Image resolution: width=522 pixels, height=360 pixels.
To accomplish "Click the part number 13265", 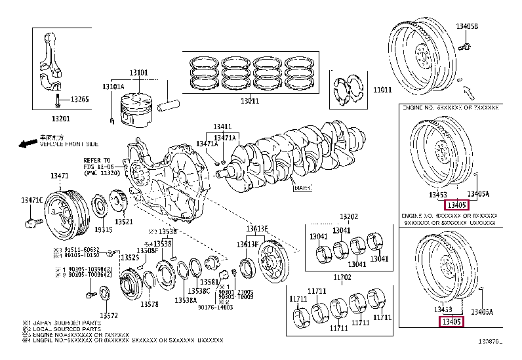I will pyautogui.click(x=79, y=99).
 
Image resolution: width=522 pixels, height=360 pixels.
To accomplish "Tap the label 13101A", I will pyautogui.click(x=113, y=87).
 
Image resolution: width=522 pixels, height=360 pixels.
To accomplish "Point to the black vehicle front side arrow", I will pyautogui.click(x=28, y=143).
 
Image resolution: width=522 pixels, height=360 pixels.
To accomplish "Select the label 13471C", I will pyautogui.click(x=31, y=199).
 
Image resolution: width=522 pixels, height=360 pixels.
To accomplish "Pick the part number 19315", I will pyautogui.click(x=104, y=230).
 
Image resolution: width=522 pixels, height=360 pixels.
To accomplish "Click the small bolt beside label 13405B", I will pyautogui.click(x=464, y=47).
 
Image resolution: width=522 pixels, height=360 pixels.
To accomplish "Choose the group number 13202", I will pyautogui.click(x=349, y=216).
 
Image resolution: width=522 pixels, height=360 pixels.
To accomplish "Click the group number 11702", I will pyautogui.click(x=342, y=277).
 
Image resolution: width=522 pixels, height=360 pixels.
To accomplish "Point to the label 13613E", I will pyautogui.click(x=256, y=228).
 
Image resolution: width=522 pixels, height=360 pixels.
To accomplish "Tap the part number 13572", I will pyautogui.click(x=108, y=315).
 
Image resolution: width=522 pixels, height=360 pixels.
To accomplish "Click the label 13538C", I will pyautogui.click(x=199, y=290).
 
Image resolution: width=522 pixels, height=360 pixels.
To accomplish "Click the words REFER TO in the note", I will pyautogui.click(x=96, y=160).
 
